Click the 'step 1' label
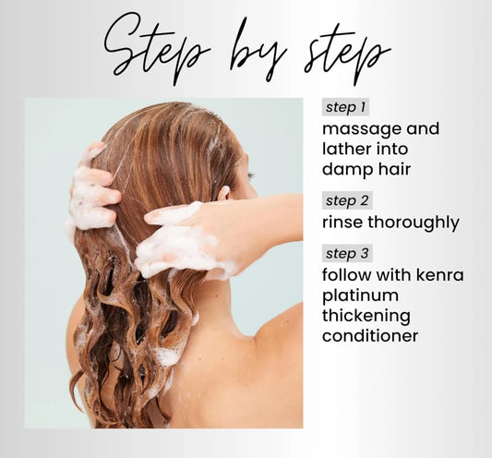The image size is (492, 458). [x=345, y=107]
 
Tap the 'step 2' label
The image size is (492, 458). [x=347, y=200]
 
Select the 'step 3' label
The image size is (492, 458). [x=347, y=253]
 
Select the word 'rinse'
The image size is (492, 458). [x=342, y=222]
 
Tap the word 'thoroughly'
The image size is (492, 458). [x=414, y=223]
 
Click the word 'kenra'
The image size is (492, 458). [x=440, y=274]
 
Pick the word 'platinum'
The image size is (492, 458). [x=361, y=295]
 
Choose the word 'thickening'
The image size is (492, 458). [x=366, y=316]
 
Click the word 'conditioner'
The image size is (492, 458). [x=370, y=335]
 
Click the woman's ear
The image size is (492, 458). [x=225, y=193]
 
